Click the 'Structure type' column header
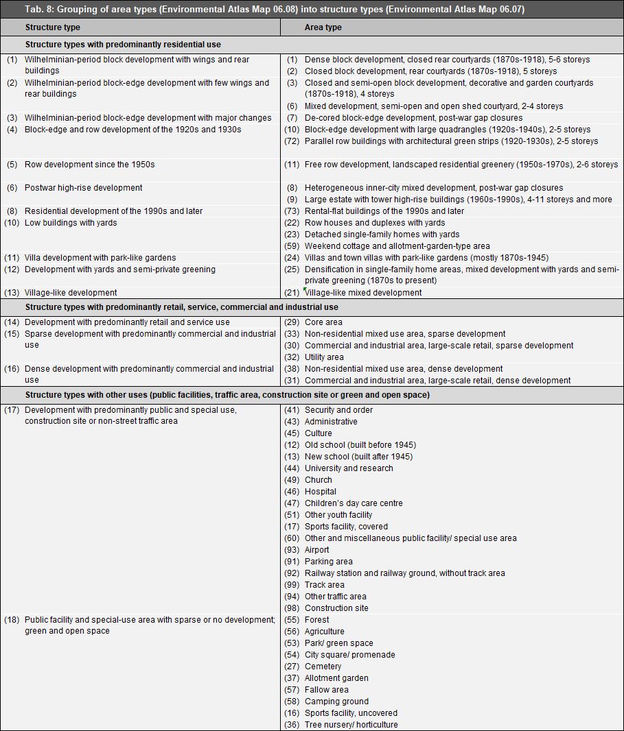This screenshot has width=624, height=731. pyautogui.click(x=52, y=27)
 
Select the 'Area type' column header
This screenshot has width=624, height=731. pyautogui.click(x=323, y=27)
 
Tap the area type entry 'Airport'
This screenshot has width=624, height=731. pyautogui.click(x=316, y=550)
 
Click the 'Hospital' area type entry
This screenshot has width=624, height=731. pyautogui.click(x=320, y=492)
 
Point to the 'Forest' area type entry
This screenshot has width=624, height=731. pyautogui.click(x=316, y=620)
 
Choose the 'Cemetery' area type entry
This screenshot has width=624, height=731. pyautogui.click(x=323, y=667)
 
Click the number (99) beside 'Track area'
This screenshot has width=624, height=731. pyautogui.click(x=292, y=585)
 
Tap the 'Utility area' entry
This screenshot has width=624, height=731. pyautogui.click(x=324, y=357)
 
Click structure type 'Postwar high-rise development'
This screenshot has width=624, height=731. pyautogui.click(x=83, y=188)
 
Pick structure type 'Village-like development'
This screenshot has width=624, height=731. pyautogui.click(x=71, y=293)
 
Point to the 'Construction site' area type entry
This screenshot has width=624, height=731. pyautogui.click(x=336, y=608)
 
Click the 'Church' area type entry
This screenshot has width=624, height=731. pyautogui.click(x=318, y=480)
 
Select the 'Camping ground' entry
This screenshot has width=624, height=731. pyautogui.click(x=336, y=702)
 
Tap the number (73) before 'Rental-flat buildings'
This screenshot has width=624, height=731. pyautogui.click(x=292, y=211)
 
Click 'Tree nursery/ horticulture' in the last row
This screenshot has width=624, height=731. pyautogui.click(x=351, y=725)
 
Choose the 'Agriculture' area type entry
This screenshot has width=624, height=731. pyautogui.click(x=324, y=632)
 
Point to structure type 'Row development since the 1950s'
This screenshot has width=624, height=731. pyautogui.click(x=89, y=165)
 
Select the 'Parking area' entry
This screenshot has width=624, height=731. pyautogui.click(x=328, y=562)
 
